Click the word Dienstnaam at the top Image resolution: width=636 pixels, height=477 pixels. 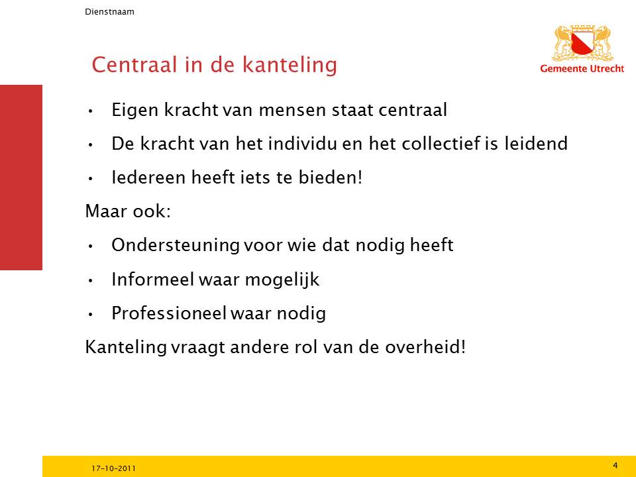pyautogui.click(x=109, y=12)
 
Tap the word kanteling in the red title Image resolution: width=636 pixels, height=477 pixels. pyautogui.click(x=290, y=65)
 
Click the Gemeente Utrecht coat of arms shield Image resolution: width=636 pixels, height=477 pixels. pyautogui.click(x=582, y=44)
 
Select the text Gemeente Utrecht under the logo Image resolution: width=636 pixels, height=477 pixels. pyautogui.click(x=582, y=68)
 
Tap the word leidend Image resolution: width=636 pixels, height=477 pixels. pyautogui.click(x=536, y=144)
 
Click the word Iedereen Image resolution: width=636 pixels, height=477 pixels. pyautogui.click(x=148, y=178)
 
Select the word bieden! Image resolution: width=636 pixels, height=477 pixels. pyautogui.click(x=331, y=178)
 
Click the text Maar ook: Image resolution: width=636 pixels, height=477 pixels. pyautogui.click(x=128, y=211)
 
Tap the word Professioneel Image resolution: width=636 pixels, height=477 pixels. pyautogui.click(x=169, y=313)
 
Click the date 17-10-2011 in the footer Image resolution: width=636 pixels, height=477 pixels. pyautogui.click(x=113, y=468)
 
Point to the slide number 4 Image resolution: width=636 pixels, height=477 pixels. pyautogui.click(x=615, y=465)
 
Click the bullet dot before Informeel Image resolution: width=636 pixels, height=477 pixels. pyautogui.click(x=91, y=280)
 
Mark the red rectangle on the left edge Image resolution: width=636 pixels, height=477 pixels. pyautogui.click(x=21, y=178)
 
